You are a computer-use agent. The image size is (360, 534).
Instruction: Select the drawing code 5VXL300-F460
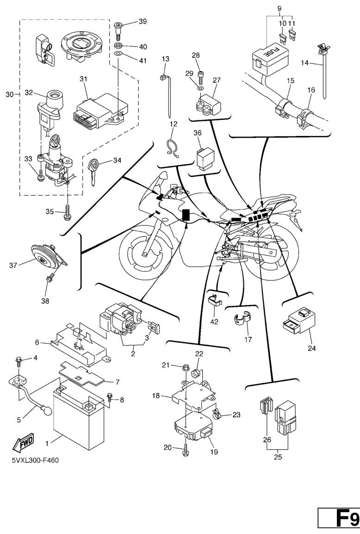(x=33, y=460)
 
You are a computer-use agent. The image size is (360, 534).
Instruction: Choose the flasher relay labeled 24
(x=298, y=322)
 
